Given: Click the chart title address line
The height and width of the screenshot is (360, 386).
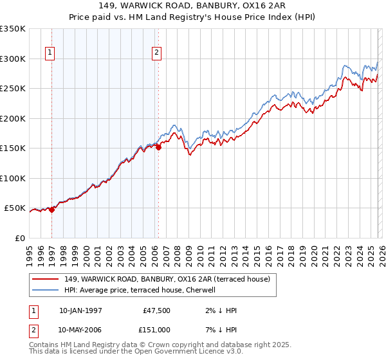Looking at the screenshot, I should click(193, 6).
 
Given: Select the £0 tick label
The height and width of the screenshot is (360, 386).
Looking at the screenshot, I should click(19, 239).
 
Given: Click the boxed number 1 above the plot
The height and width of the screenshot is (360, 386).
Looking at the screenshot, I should click(50, 53).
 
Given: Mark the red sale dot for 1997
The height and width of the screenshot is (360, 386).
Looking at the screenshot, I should click(52, 210).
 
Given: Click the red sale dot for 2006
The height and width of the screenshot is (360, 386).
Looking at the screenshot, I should click(158, 147).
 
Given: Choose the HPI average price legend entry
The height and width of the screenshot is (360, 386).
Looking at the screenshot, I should click(141, 290).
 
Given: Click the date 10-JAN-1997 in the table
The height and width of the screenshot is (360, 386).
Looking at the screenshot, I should click(80, 310).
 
